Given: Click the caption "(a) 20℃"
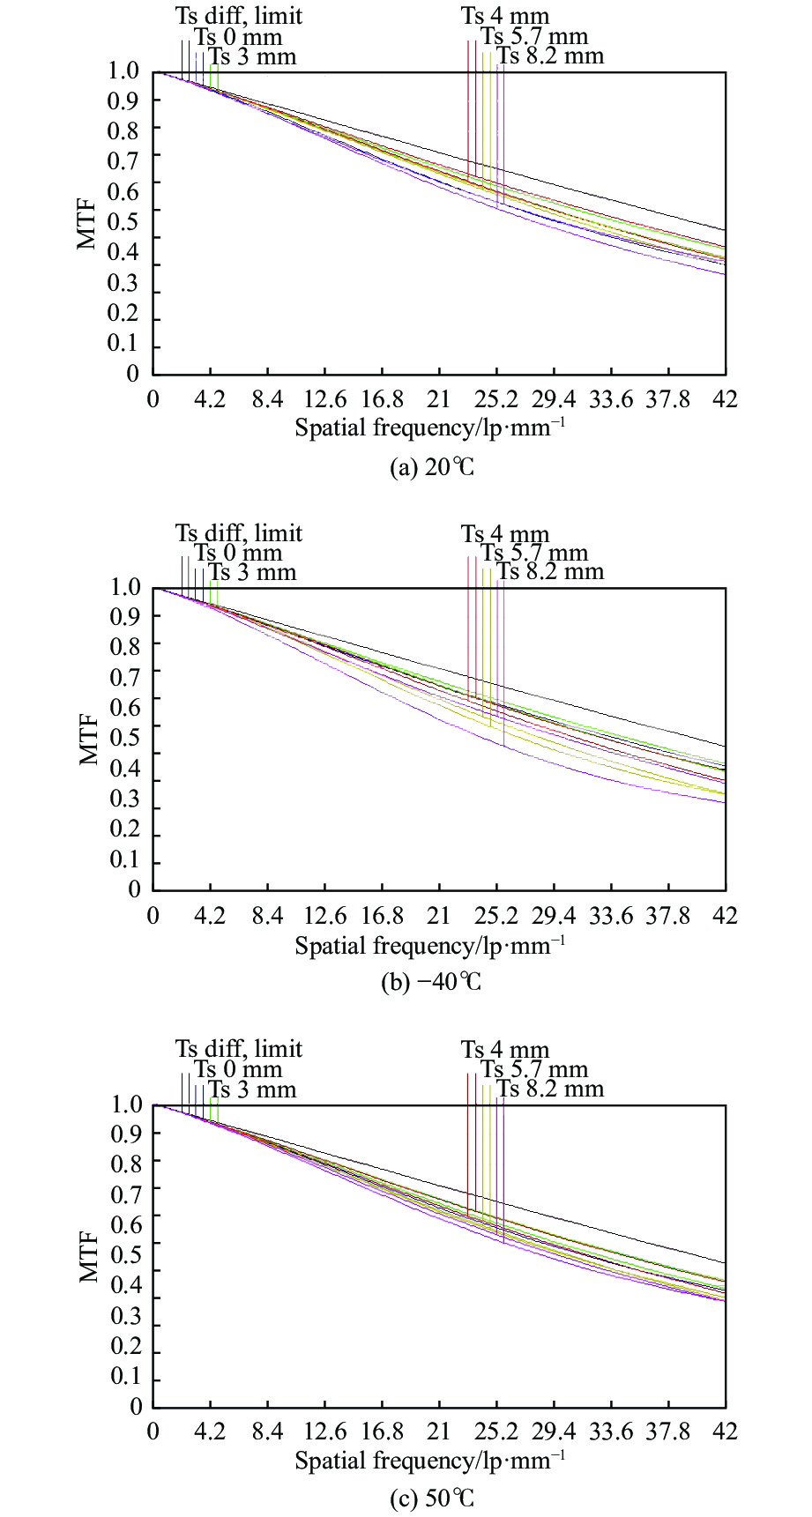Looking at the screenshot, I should [431, 467].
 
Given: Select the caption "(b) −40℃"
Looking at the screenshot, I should [431, 982].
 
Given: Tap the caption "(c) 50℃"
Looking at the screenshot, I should [431, 1498].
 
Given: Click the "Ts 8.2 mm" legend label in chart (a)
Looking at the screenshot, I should [550, 56].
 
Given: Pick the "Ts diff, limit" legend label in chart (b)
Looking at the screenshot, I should [238, 533].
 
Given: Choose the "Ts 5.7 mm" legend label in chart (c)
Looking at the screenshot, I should [533, 1069].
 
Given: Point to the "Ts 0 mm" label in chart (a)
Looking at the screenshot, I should [238, 37].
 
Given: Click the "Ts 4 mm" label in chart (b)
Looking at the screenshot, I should [504, 534].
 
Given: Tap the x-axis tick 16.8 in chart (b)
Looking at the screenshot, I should [383, 916].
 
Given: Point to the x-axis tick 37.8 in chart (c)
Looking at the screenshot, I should [668, 1431].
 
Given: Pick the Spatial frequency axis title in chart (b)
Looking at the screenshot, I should [429, 946].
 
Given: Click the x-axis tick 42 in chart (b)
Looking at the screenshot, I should [726, 916].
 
